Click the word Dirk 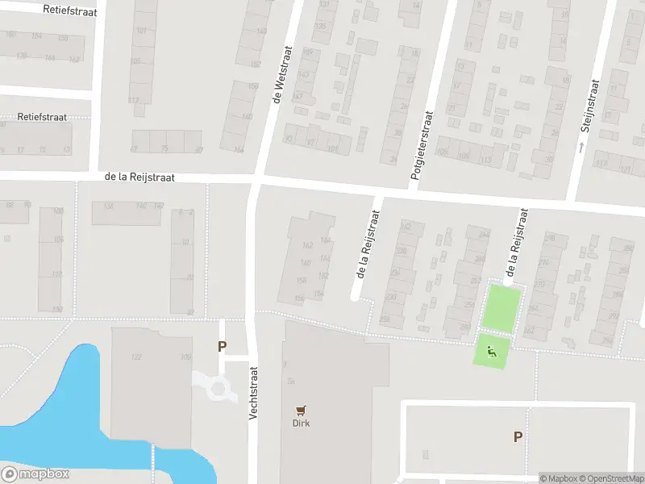(302, 423)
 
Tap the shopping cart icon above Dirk (302, 410)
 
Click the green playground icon (492, 351)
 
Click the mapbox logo (35, 474)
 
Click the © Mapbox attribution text (558, 478)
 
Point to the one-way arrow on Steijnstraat (580, 147)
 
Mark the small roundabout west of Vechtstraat (218, 389)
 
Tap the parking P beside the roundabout (222, 347)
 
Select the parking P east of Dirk (518, 436)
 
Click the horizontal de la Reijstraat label (139, 177)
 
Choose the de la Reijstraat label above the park (518, 242)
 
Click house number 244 (484, 235)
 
